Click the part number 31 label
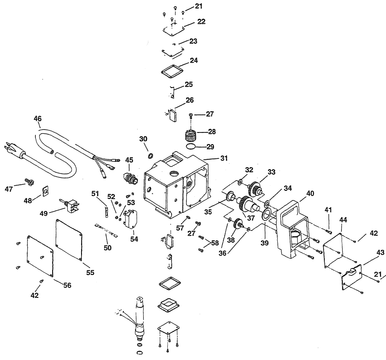click(x=224, y=158)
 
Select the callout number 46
click(x=38, y=119)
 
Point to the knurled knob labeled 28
click(x=190, y=135)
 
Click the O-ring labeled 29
click(x=191, y=146)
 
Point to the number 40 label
click(x=310, y=194)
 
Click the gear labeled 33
click(x=255, y=189)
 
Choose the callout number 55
click(x=90, y=272)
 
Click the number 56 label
click(x=67, y=285)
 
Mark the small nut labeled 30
click(x=151, y=156)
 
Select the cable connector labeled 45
click(x=131, y=178)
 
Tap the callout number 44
click(x=343, y=220)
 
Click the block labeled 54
click(x=130, y=219)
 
